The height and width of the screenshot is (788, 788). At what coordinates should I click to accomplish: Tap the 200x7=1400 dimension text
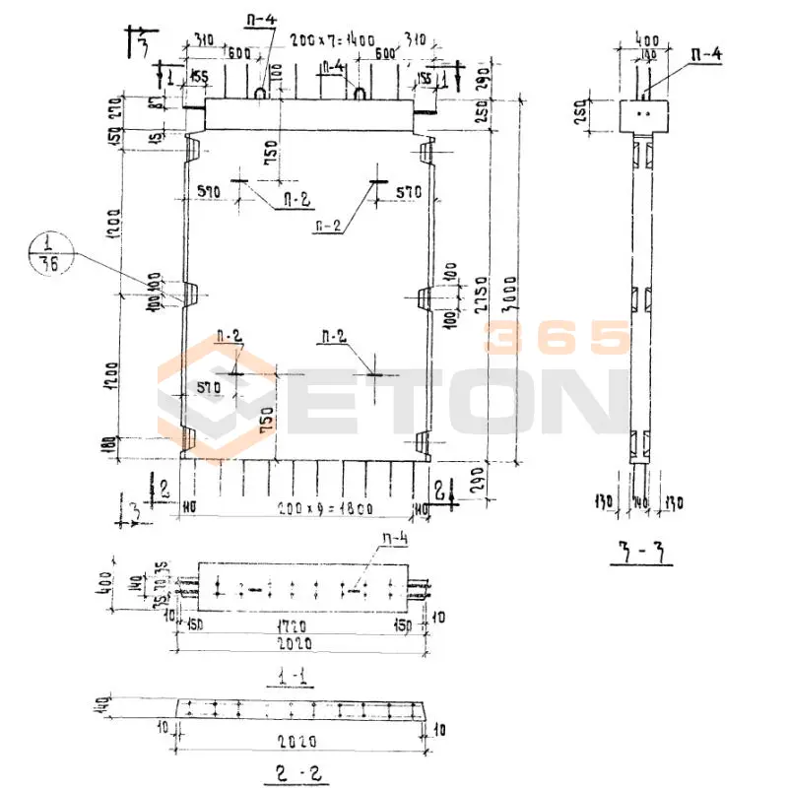332,40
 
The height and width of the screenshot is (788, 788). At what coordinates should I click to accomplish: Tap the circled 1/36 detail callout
45,253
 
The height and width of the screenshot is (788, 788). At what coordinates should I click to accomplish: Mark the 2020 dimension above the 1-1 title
295,643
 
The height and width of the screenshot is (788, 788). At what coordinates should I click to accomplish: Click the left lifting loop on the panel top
261,93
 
